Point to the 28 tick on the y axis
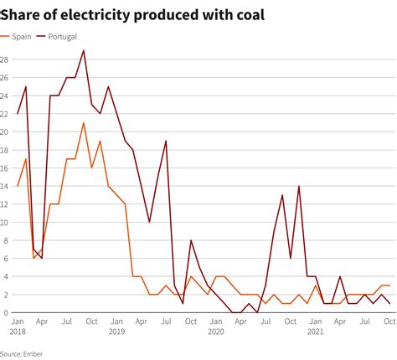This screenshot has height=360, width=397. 5,59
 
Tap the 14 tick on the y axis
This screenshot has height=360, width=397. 5,186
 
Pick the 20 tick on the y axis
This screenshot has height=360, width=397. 5,132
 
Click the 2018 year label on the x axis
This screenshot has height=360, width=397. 18,332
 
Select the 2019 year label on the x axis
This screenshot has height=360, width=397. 116,332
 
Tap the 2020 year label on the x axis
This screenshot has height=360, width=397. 215,332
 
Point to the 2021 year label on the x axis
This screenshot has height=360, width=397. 315,332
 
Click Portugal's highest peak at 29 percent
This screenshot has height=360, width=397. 84,51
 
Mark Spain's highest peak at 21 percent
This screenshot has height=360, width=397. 84,123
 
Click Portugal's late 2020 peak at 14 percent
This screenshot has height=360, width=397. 299,187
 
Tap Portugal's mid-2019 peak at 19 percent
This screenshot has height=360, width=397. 166,141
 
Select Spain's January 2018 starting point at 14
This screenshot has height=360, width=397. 18,186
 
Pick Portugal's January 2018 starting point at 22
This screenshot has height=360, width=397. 18,114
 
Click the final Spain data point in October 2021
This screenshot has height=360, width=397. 389,285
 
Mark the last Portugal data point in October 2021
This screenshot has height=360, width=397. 389,304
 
